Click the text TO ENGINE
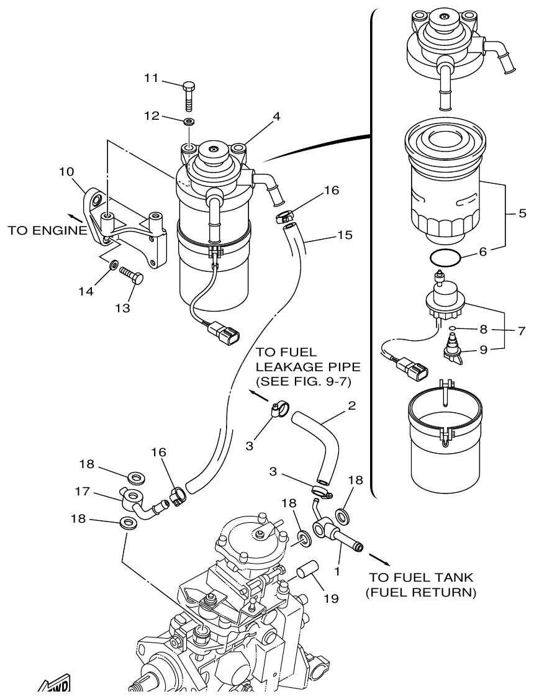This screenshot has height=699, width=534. (47, 231)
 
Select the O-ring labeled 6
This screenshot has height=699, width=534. (444, 256)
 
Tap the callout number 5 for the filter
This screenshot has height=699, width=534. (522, 213)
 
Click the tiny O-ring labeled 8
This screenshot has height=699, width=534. (454, 329)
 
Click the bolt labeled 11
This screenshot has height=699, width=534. (189, 96)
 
